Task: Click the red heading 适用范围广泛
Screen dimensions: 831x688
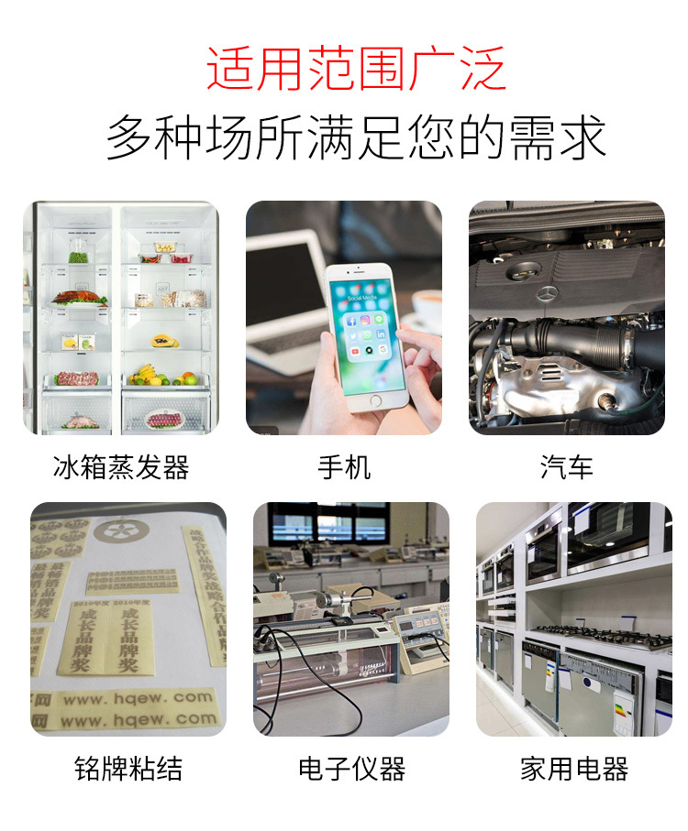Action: [x=356, y=69]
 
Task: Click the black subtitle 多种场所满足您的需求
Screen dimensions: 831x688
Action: [x=356, y=137]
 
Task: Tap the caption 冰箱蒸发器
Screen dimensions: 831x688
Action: [x=121, y=467]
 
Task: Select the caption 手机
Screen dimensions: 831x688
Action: [x=344, y=467]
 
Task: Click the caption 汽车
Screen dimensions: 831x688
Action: [x=566, y=467]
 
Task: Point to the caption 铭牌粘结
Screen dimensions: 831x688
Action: [x=128, y=769]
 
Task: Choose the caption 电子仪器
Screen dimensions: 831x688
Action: [x=351, y=769]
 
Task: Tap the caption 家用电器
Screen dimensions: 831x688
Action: [x=574, y=769]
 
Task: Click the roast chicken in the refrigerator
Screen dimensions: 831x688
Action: [x=79, y=297]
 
